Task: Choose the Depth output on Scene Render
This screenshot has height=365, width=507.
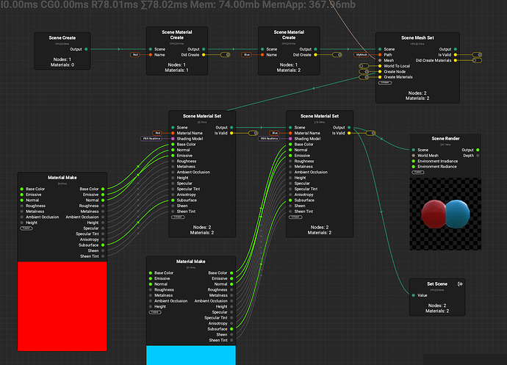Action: [x=467, y=156]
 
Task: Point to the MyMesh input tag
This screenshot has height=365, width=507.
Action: [x=361, y=54]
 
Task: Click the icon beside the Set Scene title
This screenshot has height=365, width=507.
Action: [x=460, y=283]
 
